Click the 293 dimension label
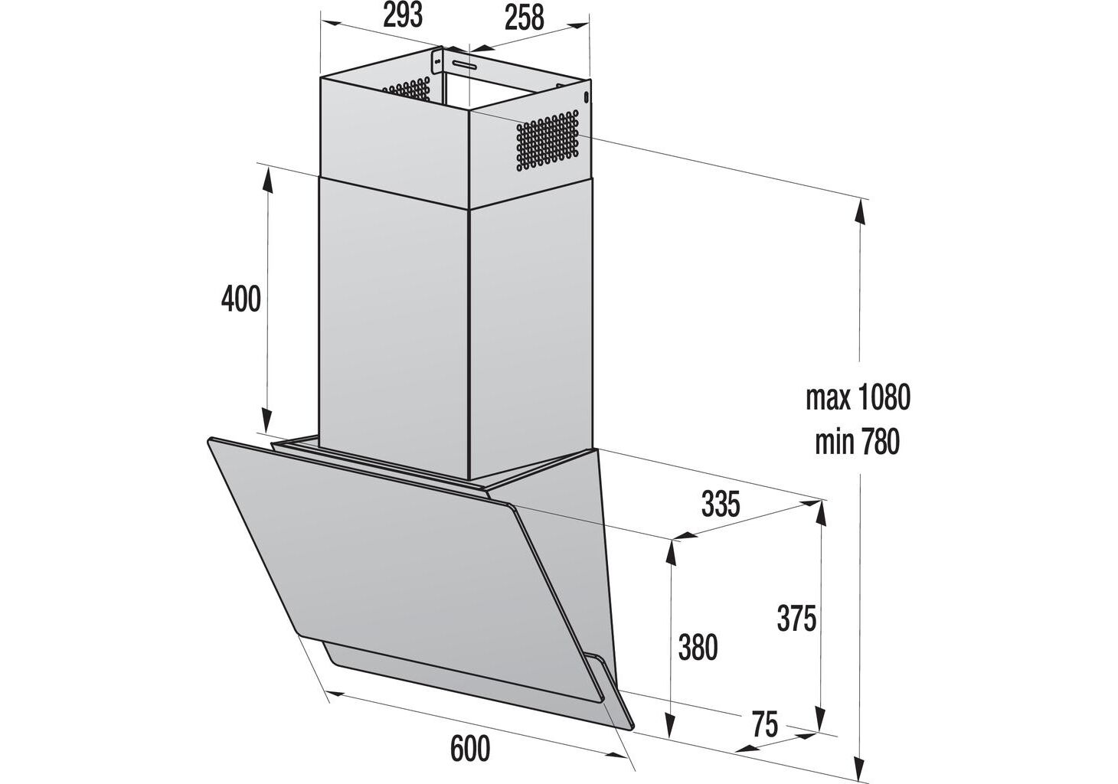point(403,17)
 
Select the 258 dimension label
point(524,18)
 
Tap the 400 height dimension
point(241,299)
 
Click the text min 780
point(857,443)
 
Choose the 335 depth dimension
point(721,504)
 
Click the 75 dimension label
point(765,724)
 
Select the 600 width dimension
point(469,749)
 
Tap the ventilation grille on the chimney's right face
point(548,142)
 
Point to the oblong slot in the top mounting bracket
point(464,64)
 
